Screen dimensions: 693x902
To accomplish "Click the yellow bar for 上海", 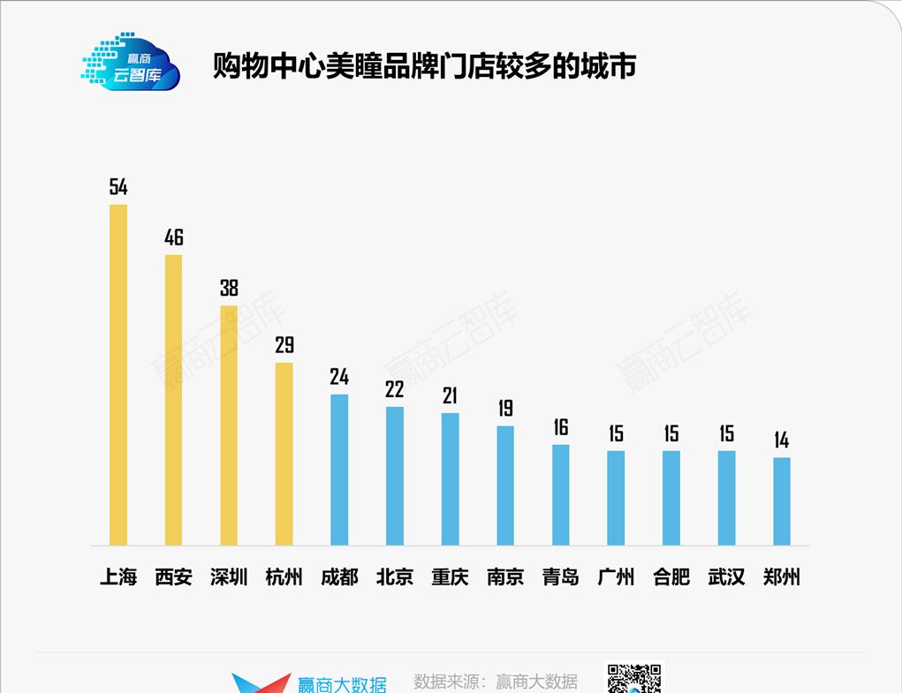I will tap(118, 374).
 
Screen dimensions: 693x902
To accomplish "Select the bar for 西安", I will tap(173, 399).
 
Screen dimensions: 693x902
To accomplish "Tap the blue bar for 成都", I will tap(339, 469).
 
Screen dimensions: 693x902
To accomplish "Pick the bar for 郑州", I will tap(782, 501).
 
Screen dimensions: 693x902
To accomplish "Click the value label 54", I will tap(118, 186).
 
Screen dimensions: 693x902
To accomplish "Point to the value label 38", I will tap(229, 288).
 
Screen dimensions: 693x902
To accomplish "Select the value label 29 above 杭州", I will tap(284, 344).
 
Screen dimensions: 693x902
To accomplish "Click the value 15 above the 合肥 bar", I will tap(671, 433).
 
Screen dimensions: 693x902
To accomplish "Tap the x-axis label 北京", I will tap(395, 577).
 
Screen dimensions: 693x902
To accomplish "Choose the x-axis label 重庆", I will tap(450, 577).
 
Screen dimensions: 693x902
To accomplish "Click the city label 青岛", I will tap(561, 577).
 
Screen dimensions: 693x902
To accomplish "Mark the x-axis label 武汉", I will tap(726, 577).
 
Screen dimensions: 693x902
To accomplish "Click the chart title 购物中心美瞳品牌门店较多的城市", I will tap(424, 66).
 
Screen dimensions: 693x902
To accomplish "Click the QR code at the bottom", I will tap(633, 678).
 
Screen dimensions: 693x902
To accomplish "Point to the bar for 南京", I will tap(505, 485).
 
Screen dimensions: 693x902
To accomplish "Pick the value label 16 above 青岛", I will tap(561, 427).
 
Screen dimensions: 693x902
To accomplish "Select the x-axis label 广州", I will tap(616, 577).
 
